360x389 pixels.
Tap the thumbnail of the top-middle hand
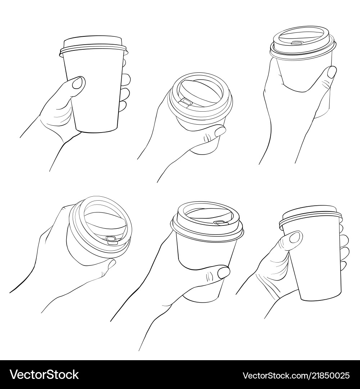point(220,131)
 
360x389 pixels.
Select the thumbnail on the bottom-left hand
point(112,264)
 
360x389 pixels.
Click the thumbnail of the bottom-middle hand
point(224,272)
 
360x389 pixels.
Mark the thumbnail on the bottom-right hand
point(295,237)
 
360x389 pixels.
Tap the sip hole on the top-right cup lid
point(297,43)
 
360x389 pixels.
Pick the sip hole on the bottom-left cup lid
point(111,238)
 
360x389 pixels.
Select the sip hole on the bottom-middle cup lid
point(219,223)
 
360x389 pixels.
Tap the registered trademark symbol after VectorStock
point(81,371)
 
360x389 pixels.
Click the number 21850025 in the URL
point(329,375)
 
